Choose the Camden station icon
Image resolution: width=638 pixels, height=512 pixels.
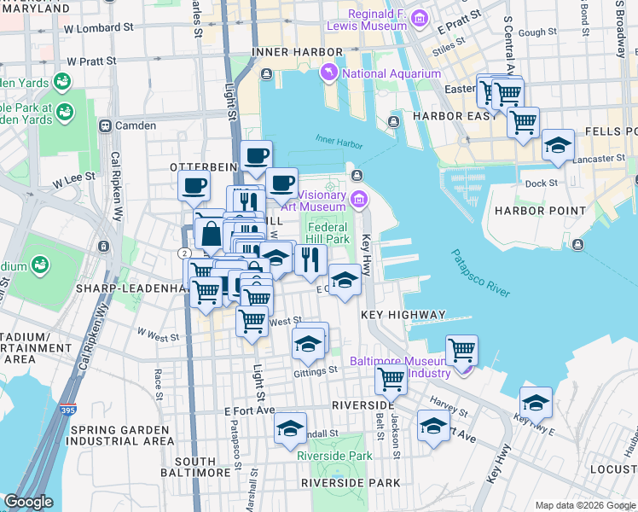pos(106,125)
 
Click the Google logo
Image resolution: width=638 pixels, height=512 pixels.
pos(29,502)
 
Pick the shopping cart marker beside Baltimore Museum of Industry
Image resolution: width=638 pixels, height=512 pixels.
pos(461,349)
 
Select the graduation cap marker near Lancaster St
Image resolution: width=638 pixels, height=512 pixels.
pos(558,146)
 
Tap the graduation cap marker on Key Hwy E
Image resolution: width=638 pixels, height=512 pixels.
pos(536,402)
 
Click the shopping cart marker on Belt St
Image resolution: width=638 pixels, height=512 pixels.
pos(391,378)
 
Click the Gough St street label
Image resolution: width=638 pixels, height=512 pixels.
pos(536,32)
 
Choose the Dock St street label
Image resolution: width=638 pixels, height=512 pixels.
pos(541,183)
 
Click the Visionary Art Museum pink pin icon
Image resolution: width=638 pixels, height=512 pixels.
pos(359,200)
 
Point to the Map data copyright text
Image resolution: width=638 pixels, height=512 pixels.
pos(584,505)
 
